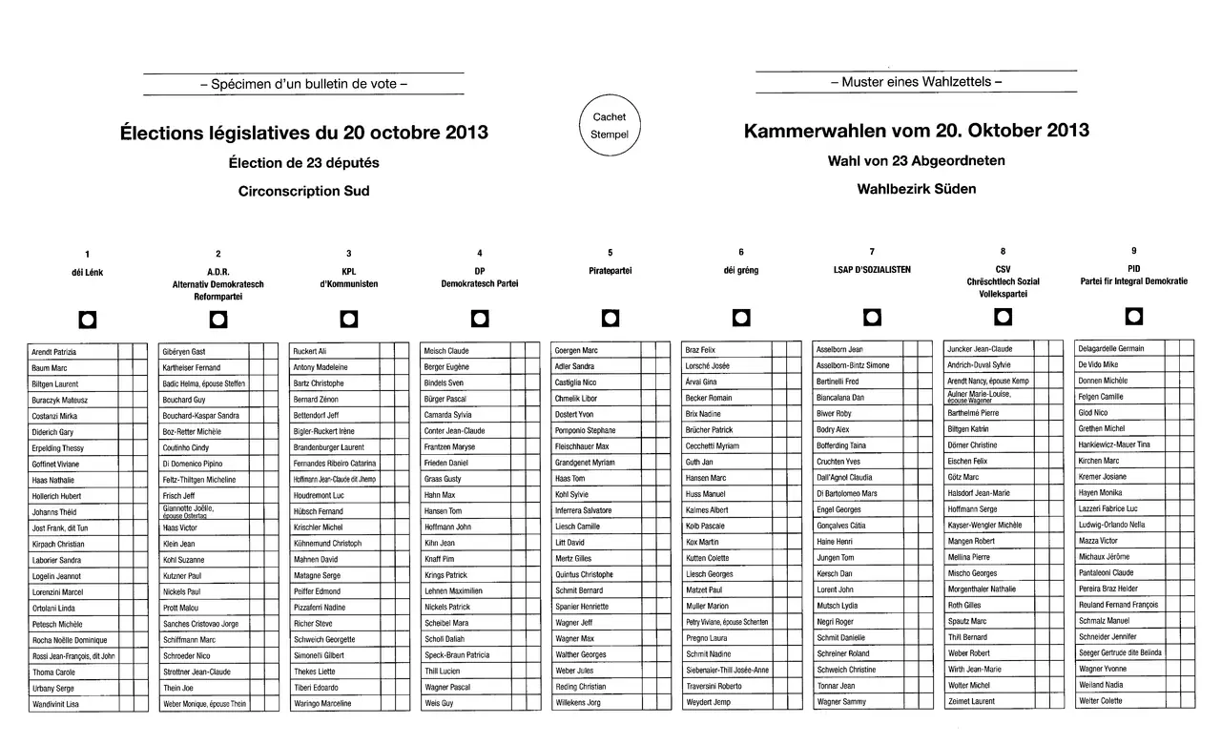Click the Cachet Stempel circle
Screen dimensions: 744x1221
610,126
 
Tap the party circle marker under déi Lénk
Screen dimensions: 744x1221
87,319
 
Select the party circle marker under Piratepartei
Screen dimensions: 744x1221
610,318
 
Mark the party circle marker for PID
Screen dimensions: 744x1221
1133,316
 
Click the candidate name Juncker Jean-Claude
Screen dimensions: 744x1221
981,349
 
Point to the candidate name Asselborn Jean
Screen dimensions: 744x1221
840,349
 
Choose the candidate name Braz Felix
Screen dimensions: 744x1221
700,350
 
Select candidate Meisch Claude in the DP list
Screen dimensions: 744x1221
446,351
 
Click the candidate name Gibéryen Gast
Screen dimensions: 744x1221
184,351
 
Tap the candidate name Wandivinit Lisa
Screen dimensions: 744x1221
55,704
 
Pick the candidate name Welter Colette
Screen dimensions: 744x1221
1100,701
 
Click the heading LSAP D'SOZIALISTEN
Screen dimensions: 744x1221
872,270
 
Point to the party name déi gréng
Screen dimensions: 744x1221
741,271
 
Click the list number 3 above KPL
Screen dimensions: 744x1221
349,254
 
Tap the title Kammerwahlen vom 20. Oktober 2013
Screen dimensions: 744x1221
916,131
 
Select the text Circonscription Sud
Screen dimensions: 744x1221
303,191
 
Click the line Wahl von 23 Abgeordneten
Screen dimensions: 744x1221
916,161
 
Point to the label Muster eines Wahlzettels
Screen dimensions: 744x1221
916,82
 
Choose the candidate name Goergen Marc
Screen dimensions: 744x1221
576,351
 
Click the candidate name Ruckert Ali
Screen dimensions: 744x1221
310,351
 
